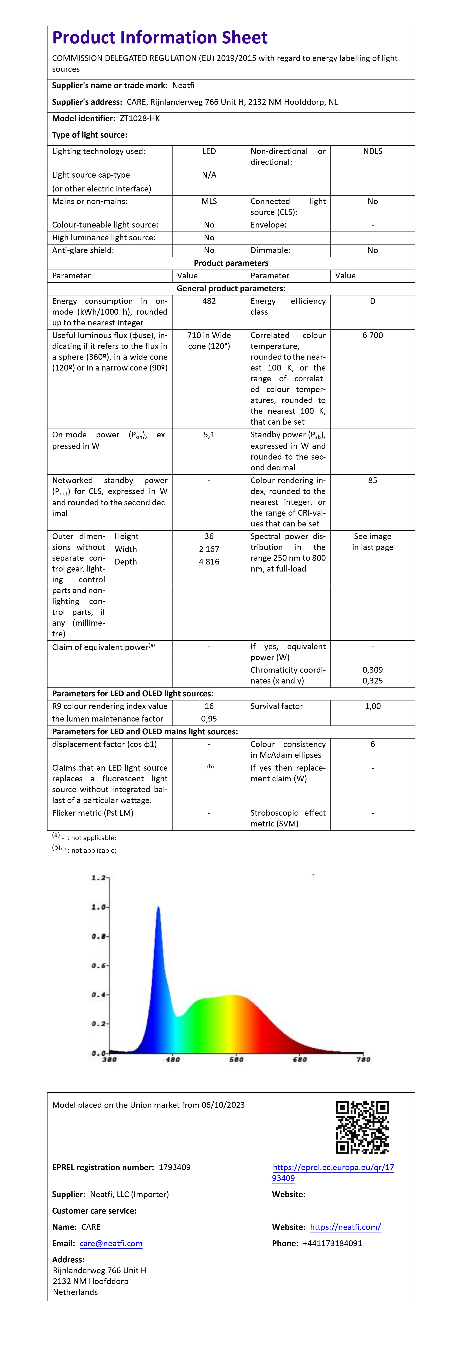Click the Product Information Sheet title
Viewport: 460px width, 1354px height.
[160, 38]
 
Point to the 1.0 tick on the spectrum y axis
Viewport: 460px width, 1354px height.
[99, 907]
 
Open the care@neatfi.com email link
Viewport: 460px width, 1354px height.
[111, 1244]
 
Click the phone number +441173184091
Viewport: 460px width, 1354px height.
[332, 1244]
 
